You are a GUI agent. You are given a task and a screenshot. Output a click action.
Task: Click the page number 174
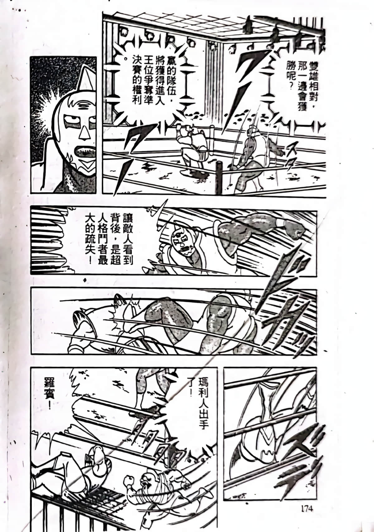coord(307,509)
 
